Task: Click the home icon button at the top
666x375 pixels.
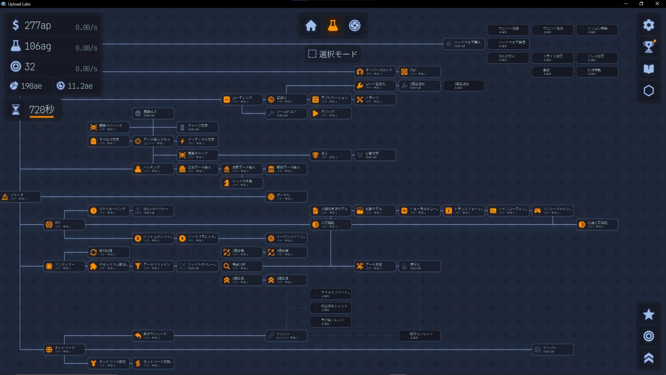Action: (x=311, y=25)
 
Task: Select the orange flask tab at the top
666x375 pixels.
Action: (x=333, y=25)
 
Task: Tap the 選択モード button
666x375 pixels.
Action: (x=333, y=54)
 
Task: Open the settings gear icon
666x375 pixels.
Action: (x=648, y=25)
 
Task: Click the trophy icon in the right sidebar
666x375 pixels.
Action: (x=648, y=46)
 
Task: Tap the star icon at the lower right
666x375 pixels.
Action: (x=648, y=315)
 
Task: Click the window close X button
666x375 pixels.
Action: (x=657, y=4)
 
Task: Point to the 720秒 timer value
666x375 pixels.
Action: (x=42, y=110)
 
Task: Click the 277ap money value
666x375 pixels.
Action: (x=38, y=25)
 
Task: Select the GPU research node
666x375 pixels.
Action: (x=65, y=225)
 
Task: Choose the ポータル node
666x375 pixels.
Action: (x=287, y=197)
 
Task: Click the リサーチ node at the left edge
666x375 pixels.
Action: (x=20, y=197)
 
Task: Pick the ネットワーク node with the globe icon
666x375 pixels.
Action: (x=65, y=350)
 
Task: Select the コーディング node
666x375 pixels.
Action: (x=242, y=100)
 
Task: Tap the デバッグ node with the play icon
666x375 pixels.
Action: (x=331, y=114)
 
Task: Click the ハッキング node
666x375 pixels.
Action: (x=153, y=169)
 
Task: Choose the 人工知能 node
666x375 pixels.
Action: (x=331, y=225)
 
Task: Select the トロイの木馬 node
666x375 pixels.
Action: (x=242, y=183)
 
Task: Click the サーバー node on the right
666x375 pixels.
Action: (x=553, y=350)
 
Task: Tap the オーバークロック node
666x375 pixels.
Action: (x=375, y=72)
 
